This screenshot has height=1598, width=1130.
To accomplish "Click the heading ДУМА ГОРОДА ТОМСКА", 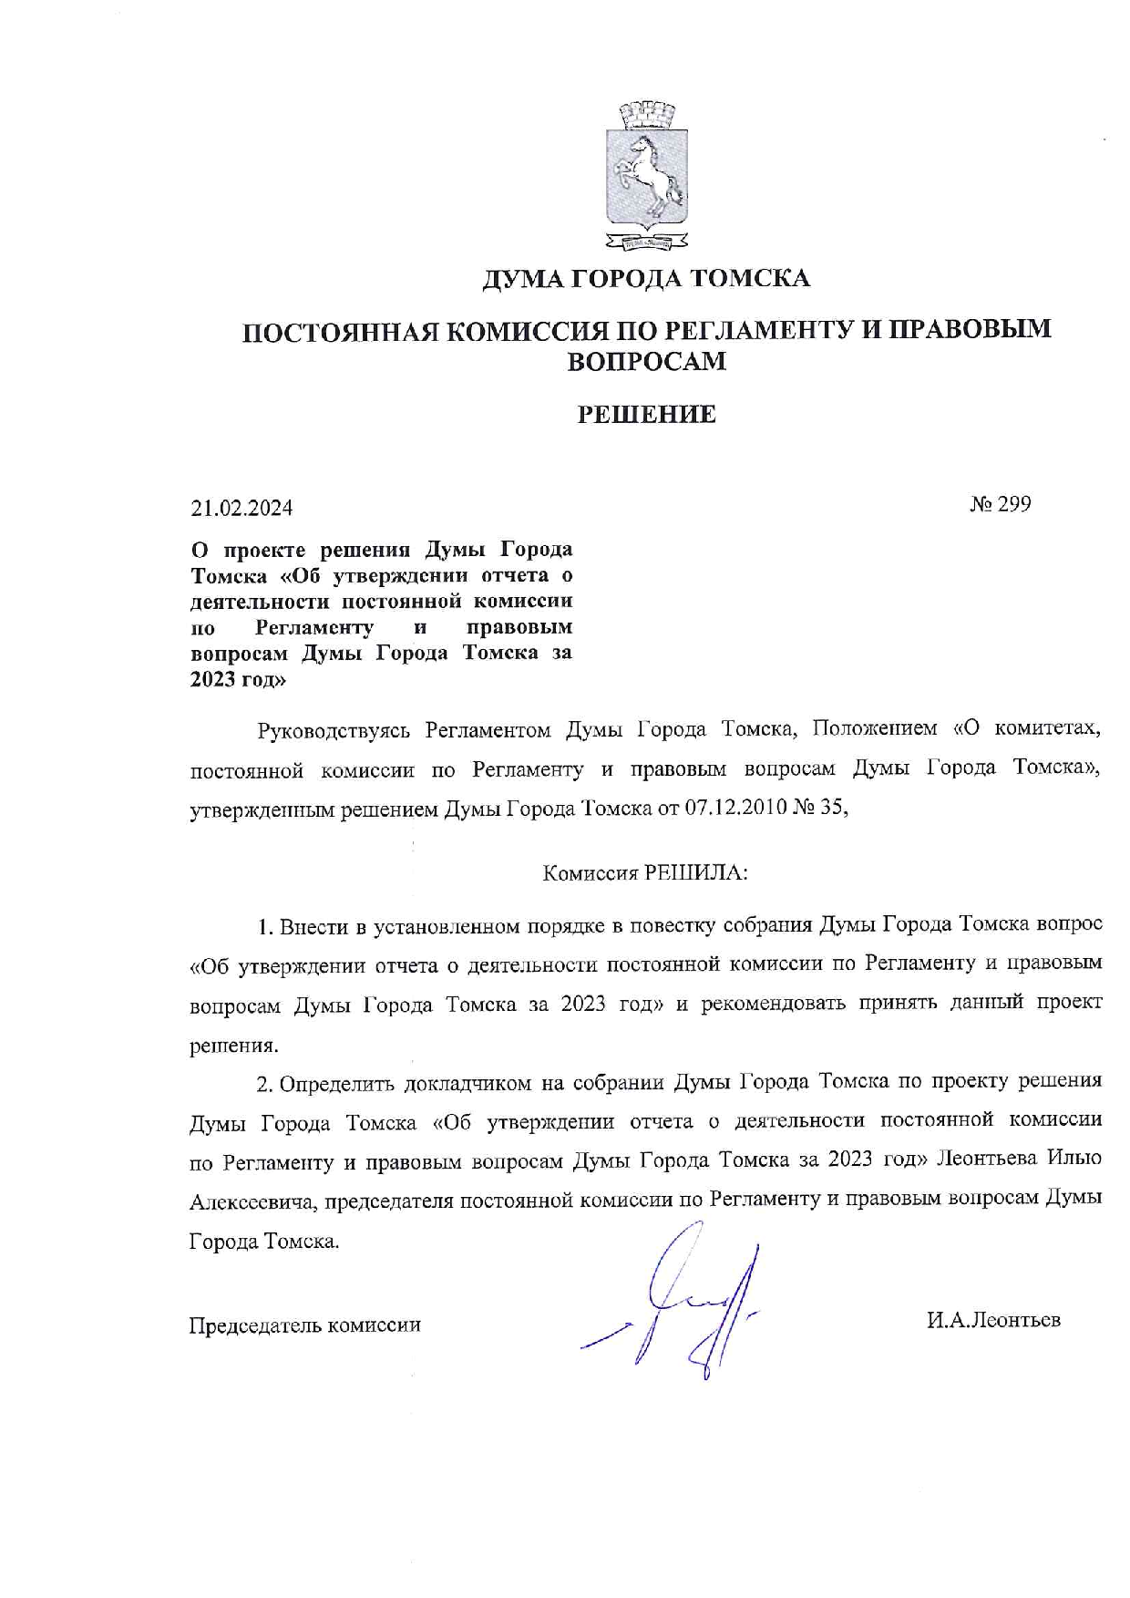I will click(x=646, y=277).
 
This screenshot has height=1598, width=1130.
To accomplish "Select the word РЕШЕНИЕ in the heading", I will click(x=647, y=415).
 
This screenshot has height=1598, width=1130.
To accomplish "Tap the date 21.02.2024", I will click(x=241, y=508).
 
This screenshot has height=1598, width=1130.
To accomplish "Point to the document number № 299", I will click(x=1000, y=504).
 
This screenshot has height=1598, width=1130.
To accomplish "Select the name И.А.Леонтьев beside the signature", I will click(x=993, y=1320).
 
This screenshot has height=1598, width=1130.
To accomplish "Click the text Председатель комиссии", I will click(x=304, y=1325).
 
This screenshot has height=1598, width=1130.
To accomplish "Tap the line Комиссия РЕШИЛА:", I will click(x=645, y=873).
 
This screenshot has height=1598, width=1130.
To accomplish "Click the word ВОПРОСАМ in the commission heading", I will click(x=646, y=361).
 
